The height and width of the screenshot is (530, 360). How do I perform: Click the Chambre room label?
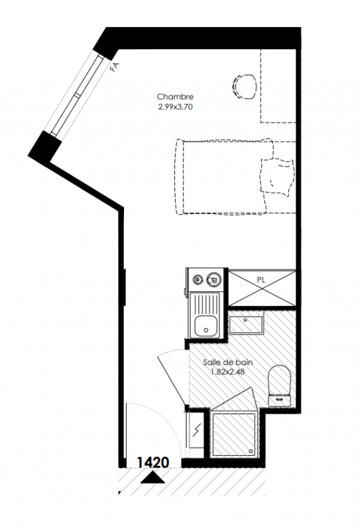pyautogui.click(x=175, y=97)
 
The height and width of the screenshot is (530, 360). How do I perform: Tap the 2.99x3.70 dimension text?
pyautogui.click(x=175, y=107)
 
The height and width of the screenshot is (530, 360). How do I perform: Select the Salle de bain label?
pyautogui.click(x=227, y=362)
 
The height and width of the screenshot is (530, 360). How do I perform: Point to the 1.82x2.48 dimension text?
pyautogui.click(x=227, y=372)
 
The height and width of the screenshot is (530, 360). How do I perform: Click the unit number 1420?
pyautogui.click(x=152, y=462)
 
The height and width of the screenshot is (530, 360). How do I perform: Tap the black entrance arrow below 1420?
pyautogui.click(x=152, y=478)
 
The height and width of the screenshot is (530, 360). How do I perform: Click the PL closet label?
pyautogui.click(x=261, y=280)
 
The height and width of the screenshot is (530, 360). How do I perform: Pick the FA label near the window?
pyautogui.click(x=115, y=67)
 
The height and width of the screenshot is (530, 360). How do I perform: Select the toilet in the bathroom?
pyautogui.click(x=280, y=386)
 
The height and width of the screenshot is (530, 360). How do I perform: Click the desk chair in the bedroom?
pyautogui.click(x=244, y=87)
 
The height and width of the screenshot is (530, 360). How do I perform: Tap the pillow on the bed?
pyautogui.click(x=276, y=176)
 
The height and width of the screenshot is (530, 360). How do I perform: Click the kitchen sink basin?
pyautogui.click(x=206, y=326)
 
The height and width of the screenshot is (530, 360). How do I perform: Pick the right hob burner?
pyautogui.click(x=214, y=279)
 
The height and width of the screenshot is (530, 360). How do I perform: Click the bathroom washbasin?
pyautogui.click(x=246, y=325)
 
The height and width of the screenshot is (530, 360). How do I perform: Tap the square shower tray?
pyautogui.click(x=234, y=435)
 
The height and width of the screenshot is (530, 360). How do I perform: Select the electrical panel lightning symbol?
pyautogui.click(x=197, y=429)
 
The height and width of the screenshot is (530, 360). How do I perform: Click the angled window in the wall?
pyautogui.click(x=76, y=95)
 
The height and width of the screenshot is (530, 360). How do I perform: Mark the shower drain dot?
pyautogui.click(x=251, y=451)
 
